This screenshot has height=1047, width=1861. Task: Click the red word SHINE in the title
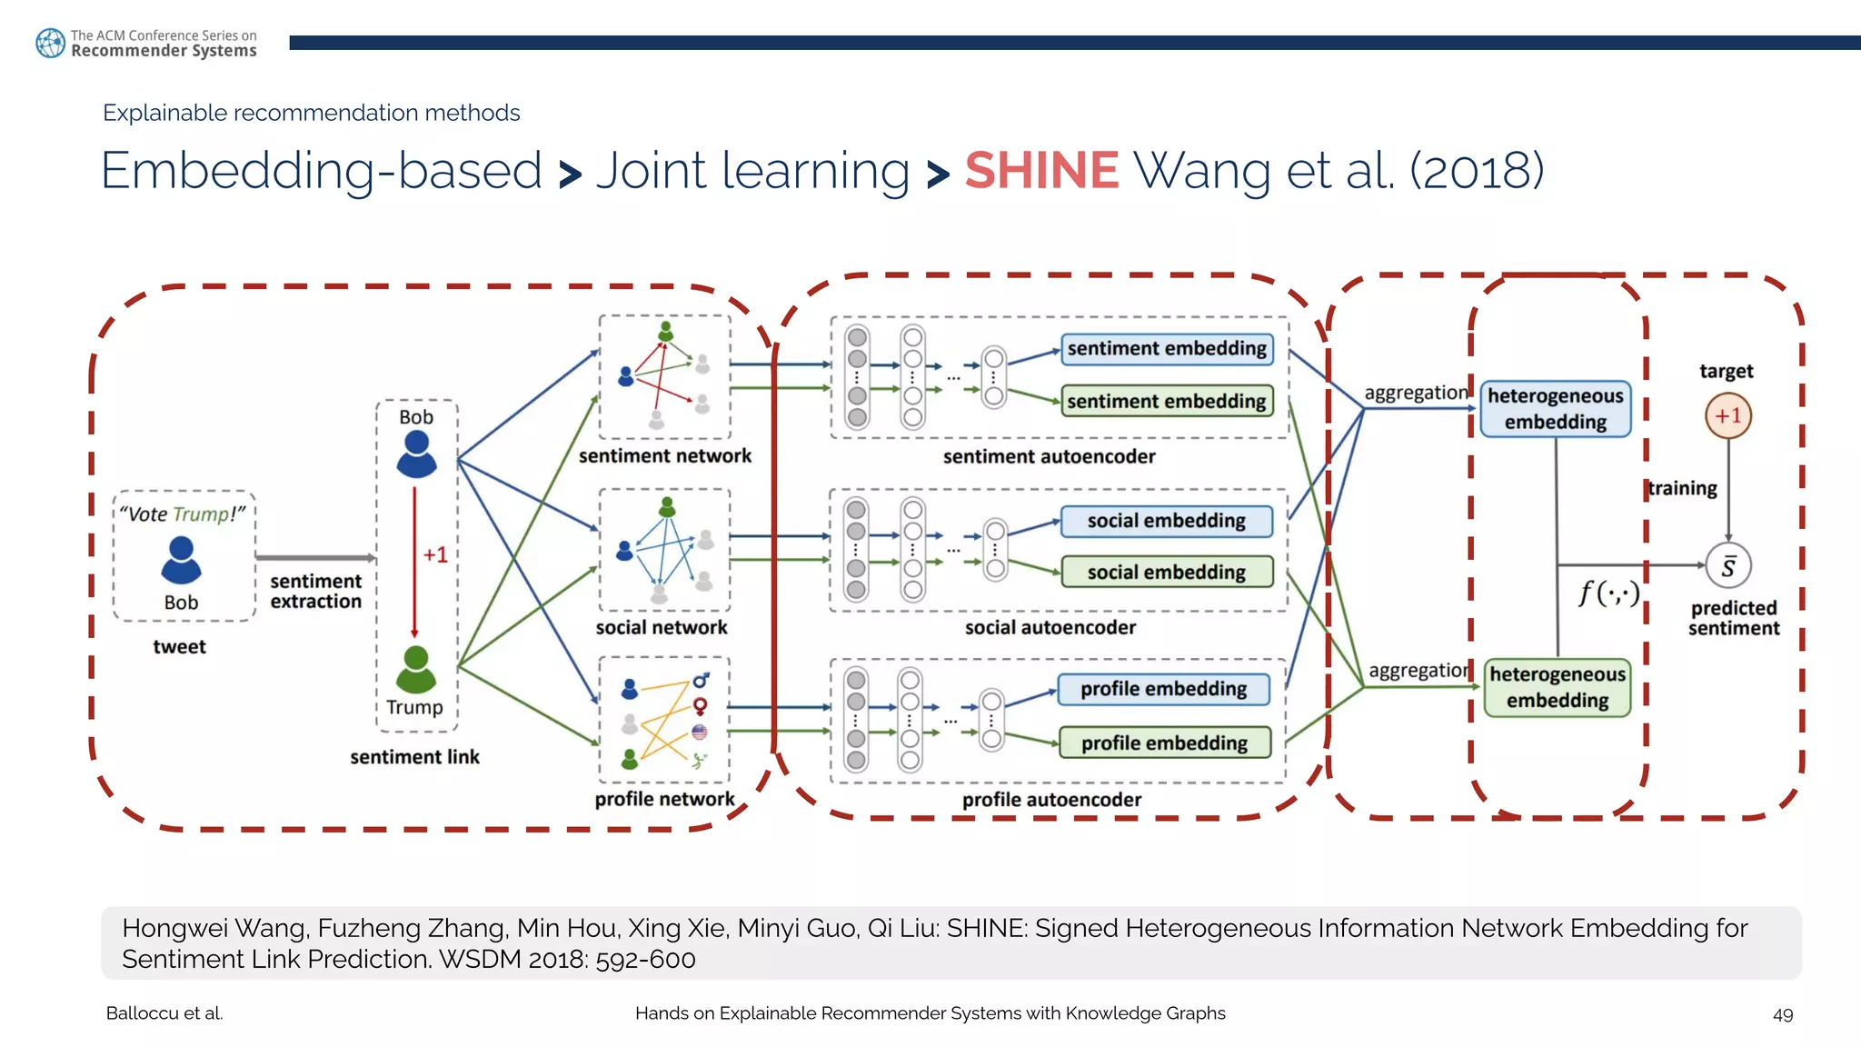1041,171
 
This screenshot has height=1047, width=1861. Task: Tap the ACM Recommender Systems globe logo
50,43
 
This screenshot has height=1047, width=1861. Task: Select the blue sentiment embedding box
1167,349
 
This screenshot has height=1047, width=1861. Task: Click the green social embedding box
1167,573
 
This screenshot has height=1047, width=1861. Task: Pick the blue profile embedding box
1163,689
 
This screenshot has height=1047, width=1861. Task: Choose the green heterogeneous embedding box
1557,688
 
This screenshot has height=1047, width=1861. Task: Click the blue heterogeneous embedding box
1555,409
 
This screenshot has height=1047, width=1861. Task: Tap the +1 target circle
1727,416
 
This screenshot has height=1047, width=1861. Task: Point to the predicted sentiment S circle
1727,566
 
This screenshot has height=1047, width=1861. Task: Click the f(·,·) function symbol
1608,593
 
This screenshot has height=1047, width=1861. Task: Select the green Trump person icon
416,670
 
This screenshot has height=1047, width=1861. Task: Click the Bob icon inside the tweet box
181,560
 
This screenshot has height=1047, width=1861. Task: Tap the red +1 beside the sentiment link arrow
435,554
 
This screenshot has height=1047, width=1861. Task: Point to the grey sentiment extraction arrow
314,557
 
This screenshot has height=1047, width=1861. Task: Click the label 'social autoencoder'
1050,628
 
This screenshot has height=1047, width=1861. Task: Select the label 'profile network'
664,799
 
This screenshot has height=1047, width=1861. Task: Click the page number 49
1782,1014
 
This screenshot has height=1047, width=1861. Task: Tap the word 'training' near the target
1682,488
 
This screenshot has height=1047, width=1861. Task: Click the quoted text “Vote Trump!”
183,514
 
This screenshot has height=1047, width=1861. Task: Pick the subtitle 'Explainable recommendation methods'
311,113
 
